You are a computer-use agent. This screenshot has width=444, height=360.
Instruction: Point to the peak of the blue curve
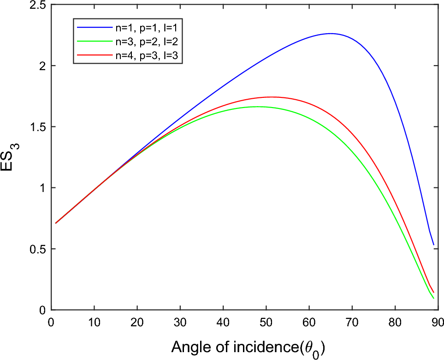tap(331, 33)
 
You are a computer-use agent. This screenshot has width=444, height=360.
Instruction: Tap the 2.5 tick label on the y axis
tap(38, 5)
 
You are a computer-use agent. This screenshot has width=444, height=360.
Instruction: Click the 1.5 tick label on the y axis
tap(38, 127)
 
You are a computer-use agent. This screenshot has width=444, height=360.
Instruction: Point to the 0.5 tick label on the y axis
tap(38, 249)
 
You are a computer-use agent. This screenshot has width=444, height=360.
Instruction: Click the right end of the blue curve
tap(433, 245)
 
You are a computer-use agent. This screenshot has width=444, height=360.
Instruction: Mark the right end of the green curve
tap(433, 299)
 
